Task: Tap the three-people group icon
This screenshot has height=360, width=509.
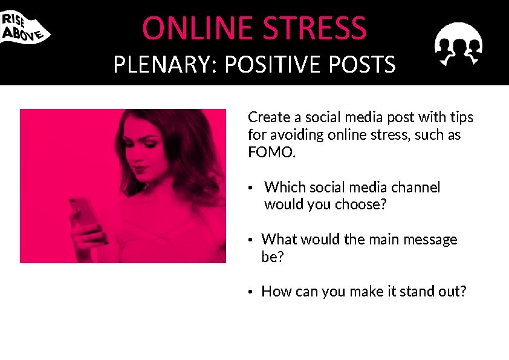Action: click(x=458, y=44)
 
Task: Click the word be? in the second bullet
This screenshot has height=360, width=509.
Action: click(x=273, y=257)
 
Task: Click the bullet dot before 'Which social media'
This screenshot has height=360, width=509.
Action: click(x=250, y=188)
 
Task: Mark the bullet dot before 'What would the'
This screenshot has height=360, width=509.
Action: click(x=250, y=240)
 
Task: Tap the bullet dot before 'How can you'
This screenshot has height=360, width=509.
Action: click(x=250, y=292)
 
